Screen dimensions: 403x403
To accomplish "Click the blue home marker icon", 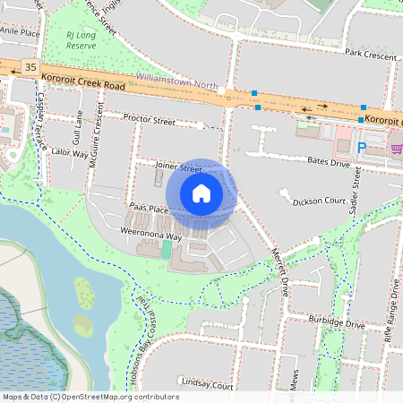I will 201,193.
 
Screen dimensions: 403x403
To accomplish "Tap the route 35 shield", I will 31,66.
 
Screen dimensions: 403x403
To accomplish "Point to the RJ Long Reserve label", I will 81,39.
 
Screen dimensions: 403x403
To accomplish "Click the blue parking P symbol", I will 362,148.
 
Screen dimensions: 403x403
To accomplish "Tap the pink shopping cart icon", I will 396,148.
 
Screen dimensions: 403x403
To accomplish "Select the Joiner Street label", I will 177,167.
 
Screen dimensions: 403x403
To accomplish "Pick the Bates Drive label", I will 327,162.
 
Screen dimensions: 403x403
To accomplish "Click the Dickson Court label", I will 318,201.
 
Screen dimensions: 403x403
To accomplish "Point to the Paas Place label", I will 149,209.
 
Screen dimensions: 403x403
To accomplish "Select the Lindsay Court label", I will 206,384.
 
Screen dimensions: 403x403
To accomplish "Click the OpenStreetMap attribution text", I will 90,396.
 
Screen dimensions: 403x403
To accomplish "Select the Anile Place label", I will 20,31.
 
